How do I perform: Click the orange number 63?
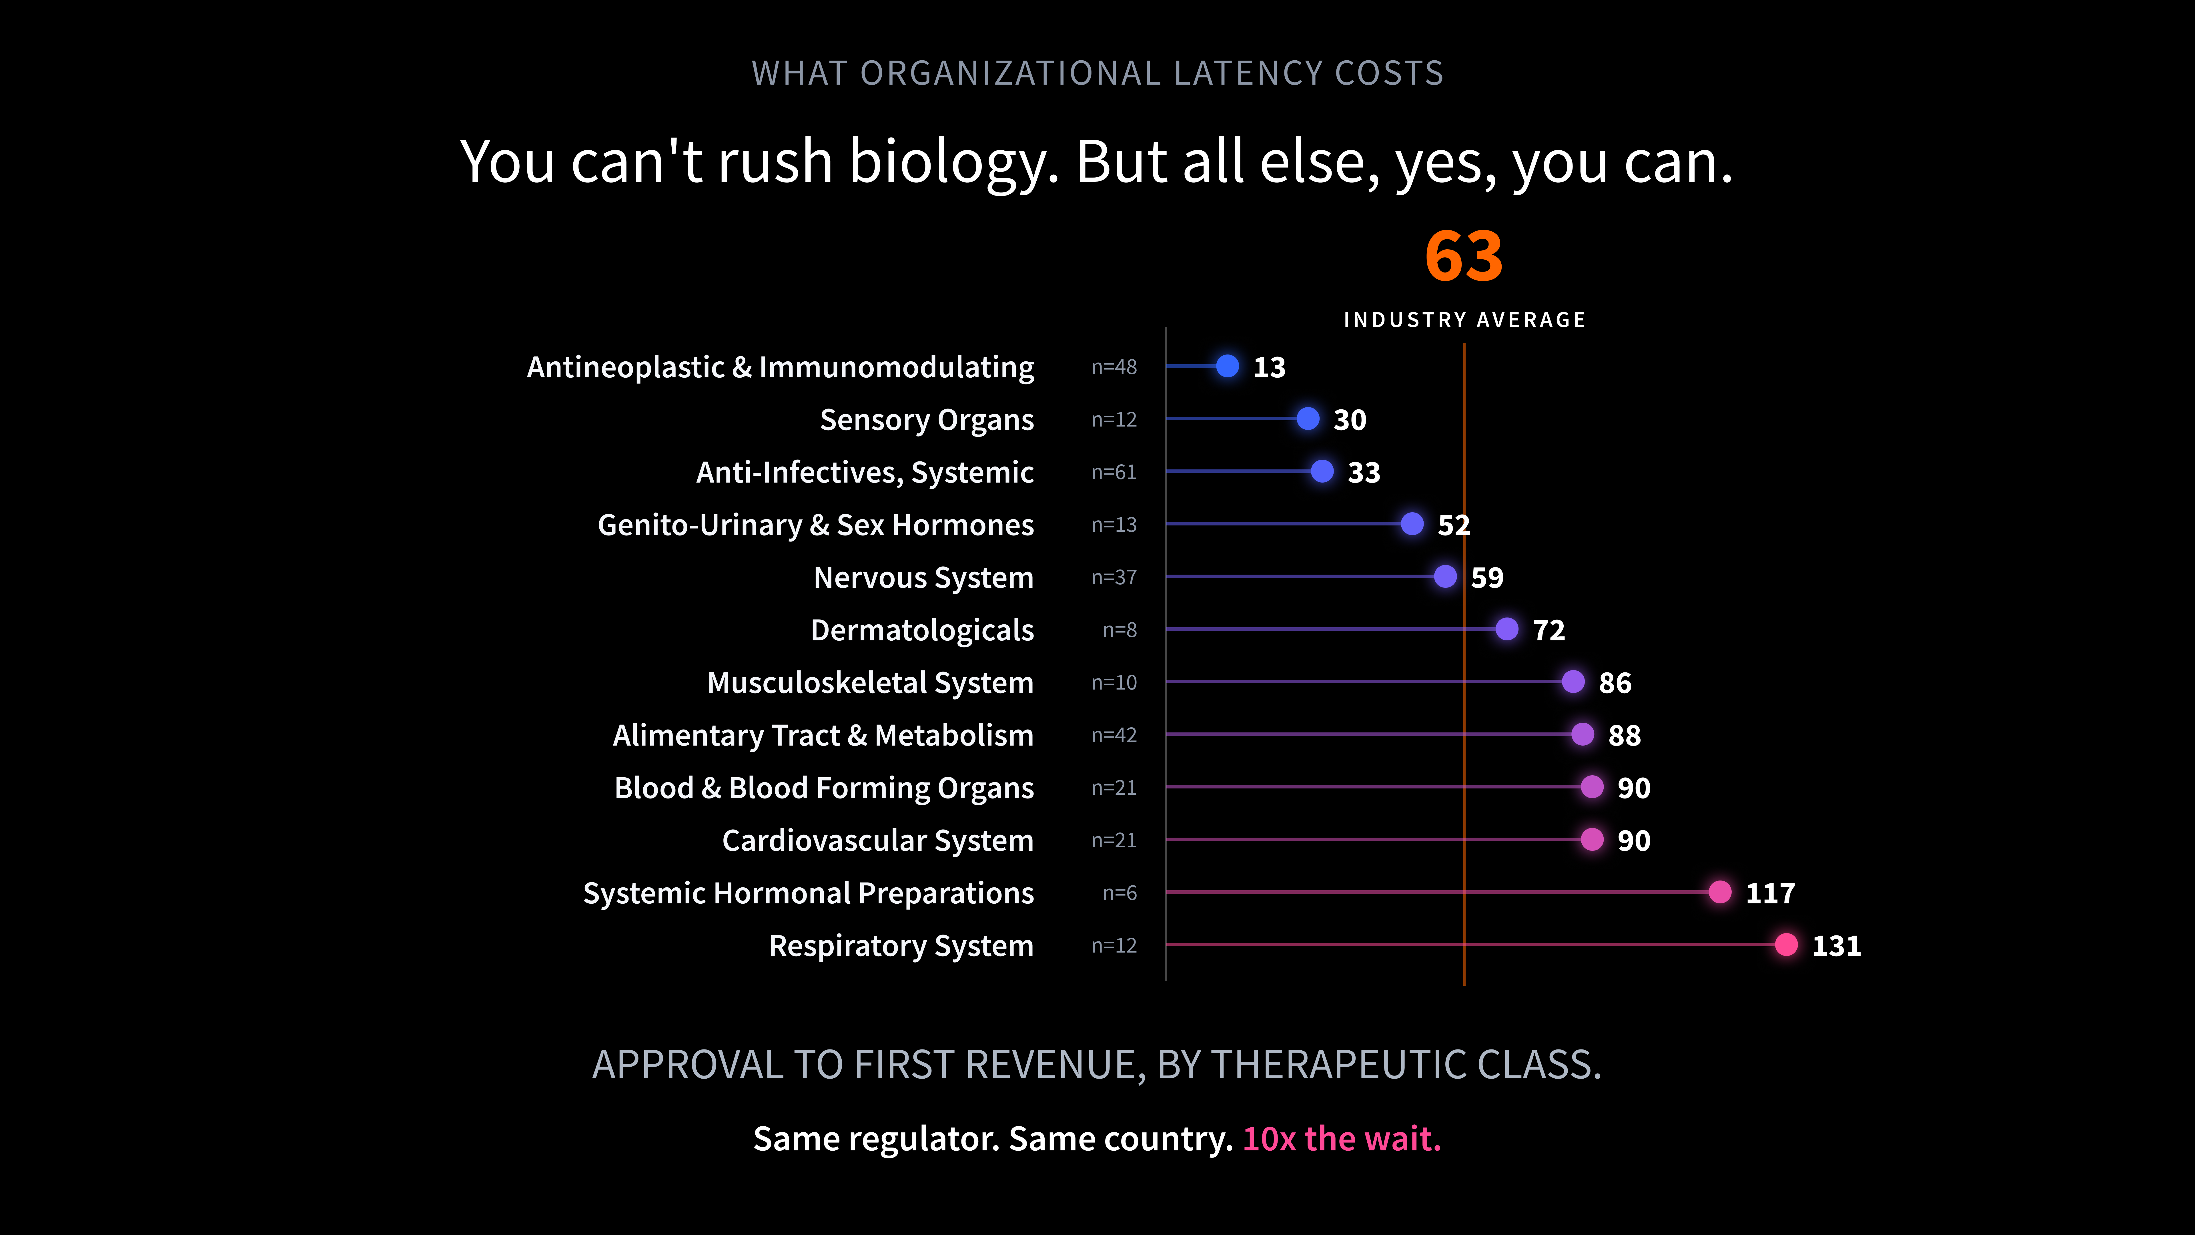(1464, 256)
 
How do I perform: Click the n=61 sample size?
(1114, 472)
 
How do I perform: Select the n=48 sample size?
(1114, 367)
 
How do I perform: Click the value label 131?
(1836, 946)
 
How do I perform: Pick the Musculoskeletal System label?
(870, 683)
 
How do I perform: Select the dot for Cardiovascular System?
(1592, 840)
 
